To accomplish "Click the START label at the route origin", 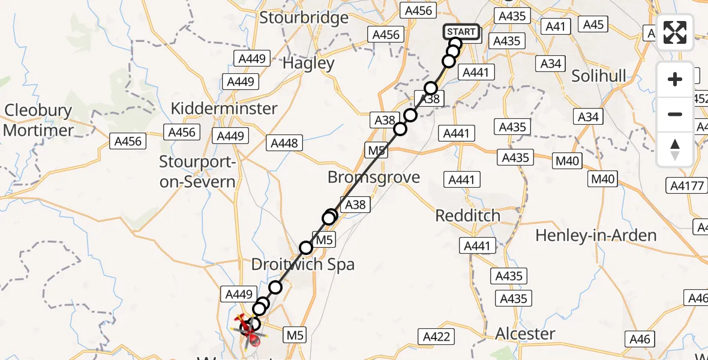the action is pos(461,32).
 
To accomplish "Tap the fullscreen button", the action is pos(675,32).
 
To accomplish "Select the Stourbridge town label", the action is pos(304,17).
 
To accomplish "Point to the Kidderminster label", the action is pos(224,109).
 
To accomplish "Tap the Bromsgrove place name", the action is pos(373,177).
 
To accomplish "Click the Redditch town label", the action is pos(468,215).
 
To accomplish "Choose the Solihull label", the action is pos(599,76).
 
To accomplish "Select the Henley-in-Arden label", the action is pos(596,235).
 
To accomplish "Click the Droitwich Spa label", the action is pos(303,265).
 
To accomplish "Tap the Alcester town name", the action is pos(526,334).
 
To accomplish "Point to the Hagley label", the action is pos(308,63).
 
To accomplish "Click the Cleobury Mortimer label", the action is pos(38,120).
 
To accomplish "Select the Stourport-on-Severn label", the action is pos(197,171).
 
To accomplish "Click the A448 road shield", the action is pos(284,143).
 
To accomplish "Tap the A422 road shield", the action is pos(436,337).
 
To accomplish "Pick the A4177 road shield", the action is pos(688,186).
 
